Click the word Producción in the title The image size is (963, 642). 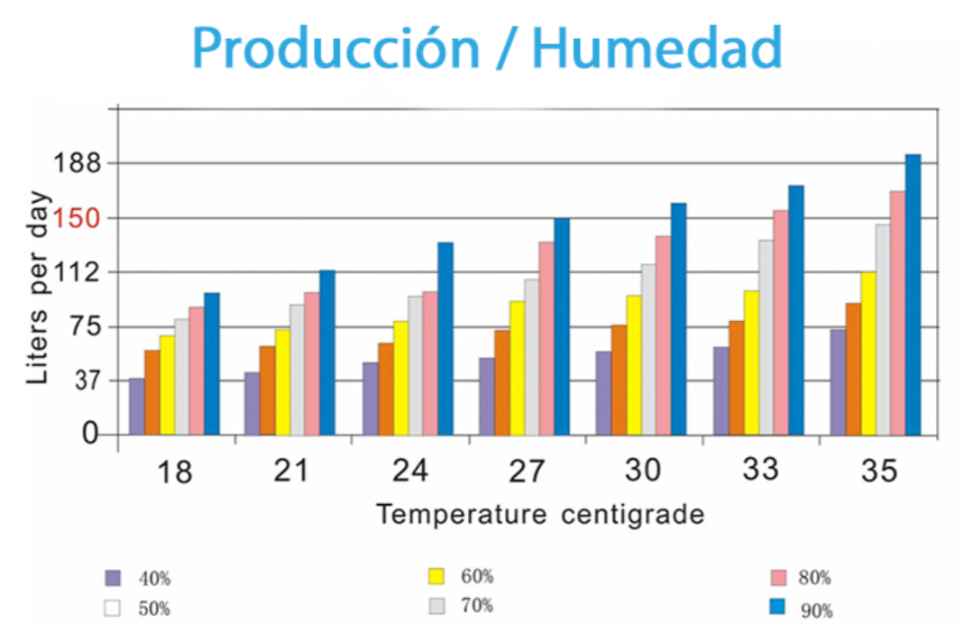(335, 49)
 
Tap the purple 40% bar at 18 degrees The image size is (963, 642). (136, 407)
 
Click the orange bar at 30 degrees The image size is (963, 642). (619, 380)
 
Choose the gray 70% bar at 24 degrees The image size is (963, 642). (415, 365)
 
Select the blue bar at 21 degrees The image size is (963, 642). (326, 353)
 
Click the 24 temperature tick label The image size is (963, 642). (408, 471)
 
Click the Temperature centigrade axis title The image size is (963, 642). (539, 515)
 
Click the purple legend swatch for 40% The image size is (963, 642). (113, 578)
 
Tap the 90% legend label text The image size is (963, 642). (815, 611)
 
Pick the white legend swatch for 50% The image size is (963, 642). (113, 608)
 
